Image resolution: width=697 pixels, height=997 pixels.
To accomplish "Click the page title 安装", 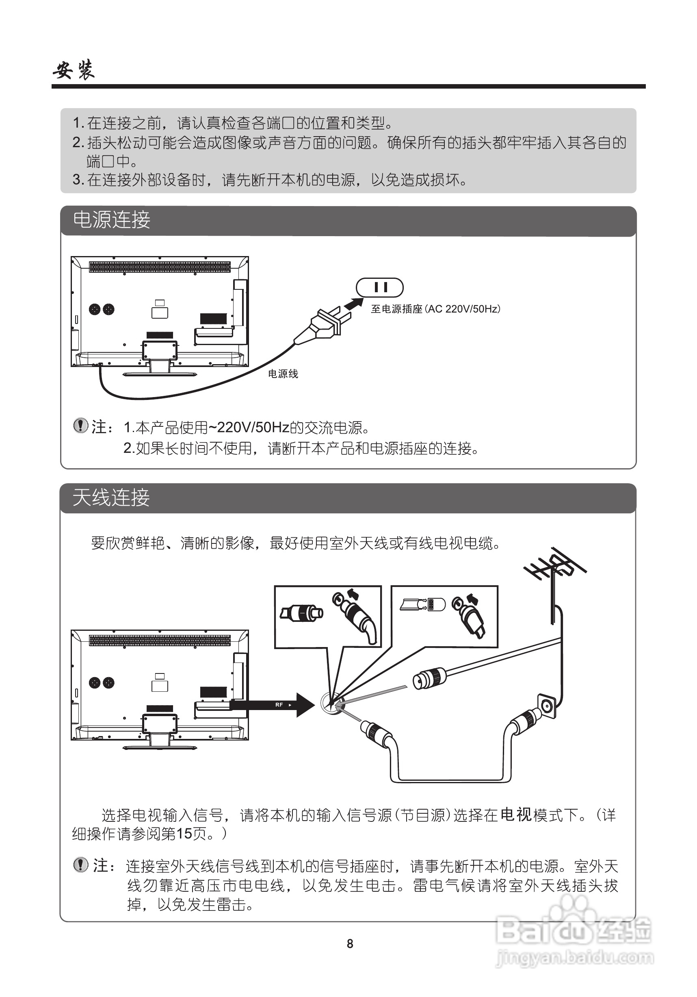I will click(x=74, y=70).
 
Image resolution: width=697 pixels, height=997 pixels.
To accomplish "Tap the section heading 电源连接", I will click(x=111, y=220).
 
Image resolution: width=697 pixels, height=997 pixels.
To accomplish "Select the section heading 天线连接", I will click(x=111, y=497).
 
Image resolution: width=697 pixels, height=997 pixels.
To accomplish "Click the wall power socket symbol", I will click(x=379, y=287).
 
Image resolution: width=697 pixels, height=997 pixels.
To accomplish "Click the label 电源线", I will click(x=283, y=374).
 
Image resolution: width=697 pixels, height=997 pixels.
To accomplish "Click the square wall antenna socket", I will click(x=546, y=706).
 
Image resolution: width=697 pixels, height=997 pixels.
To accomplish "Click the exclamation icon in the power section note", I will click(x=80, y=426).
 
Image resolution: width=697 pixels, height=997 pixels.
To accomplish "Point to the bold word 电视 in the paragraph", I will click(x=515, y=815).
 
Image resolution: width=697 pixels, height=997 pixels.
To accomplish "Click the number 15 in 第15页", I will click(x=184, y=833).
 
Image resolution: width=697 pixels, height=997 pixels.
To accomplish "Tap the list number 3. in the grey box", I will click(x=78, y=180).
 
